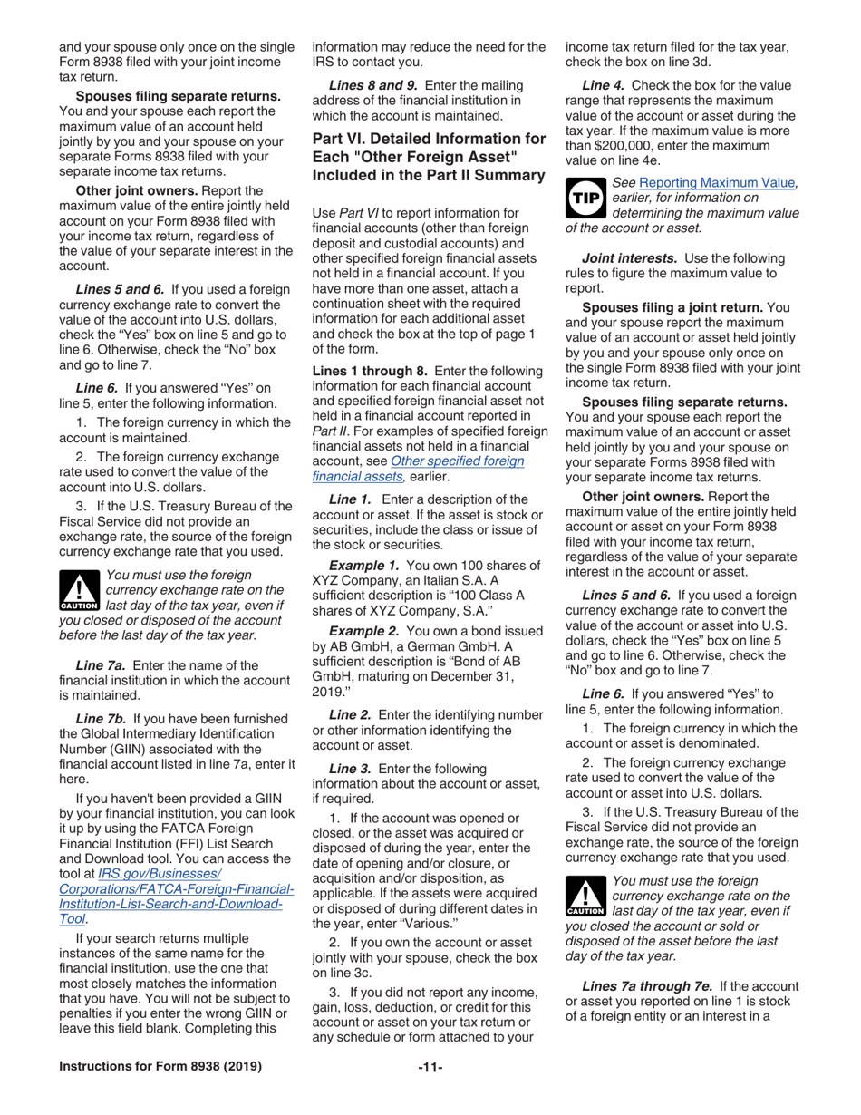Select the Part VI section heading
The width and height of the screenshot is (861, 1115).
pyautogui.click(x=429, y=157)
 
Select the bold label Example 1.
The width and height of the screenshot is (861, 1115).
pyautogui.click(x=365, y=566)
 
